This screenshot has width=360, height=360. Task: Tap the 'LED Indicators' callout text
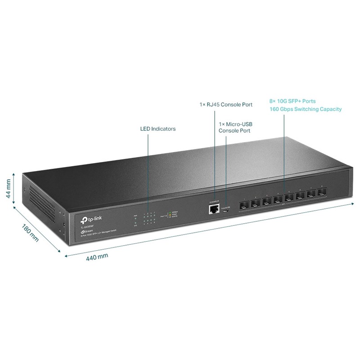[x=157, y=129]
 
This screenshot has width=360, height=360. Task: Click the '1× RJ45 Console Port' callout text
[x=226, y=104]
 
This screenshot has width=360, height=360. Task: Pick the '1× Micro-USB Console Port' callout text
[x=234, y=127]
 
